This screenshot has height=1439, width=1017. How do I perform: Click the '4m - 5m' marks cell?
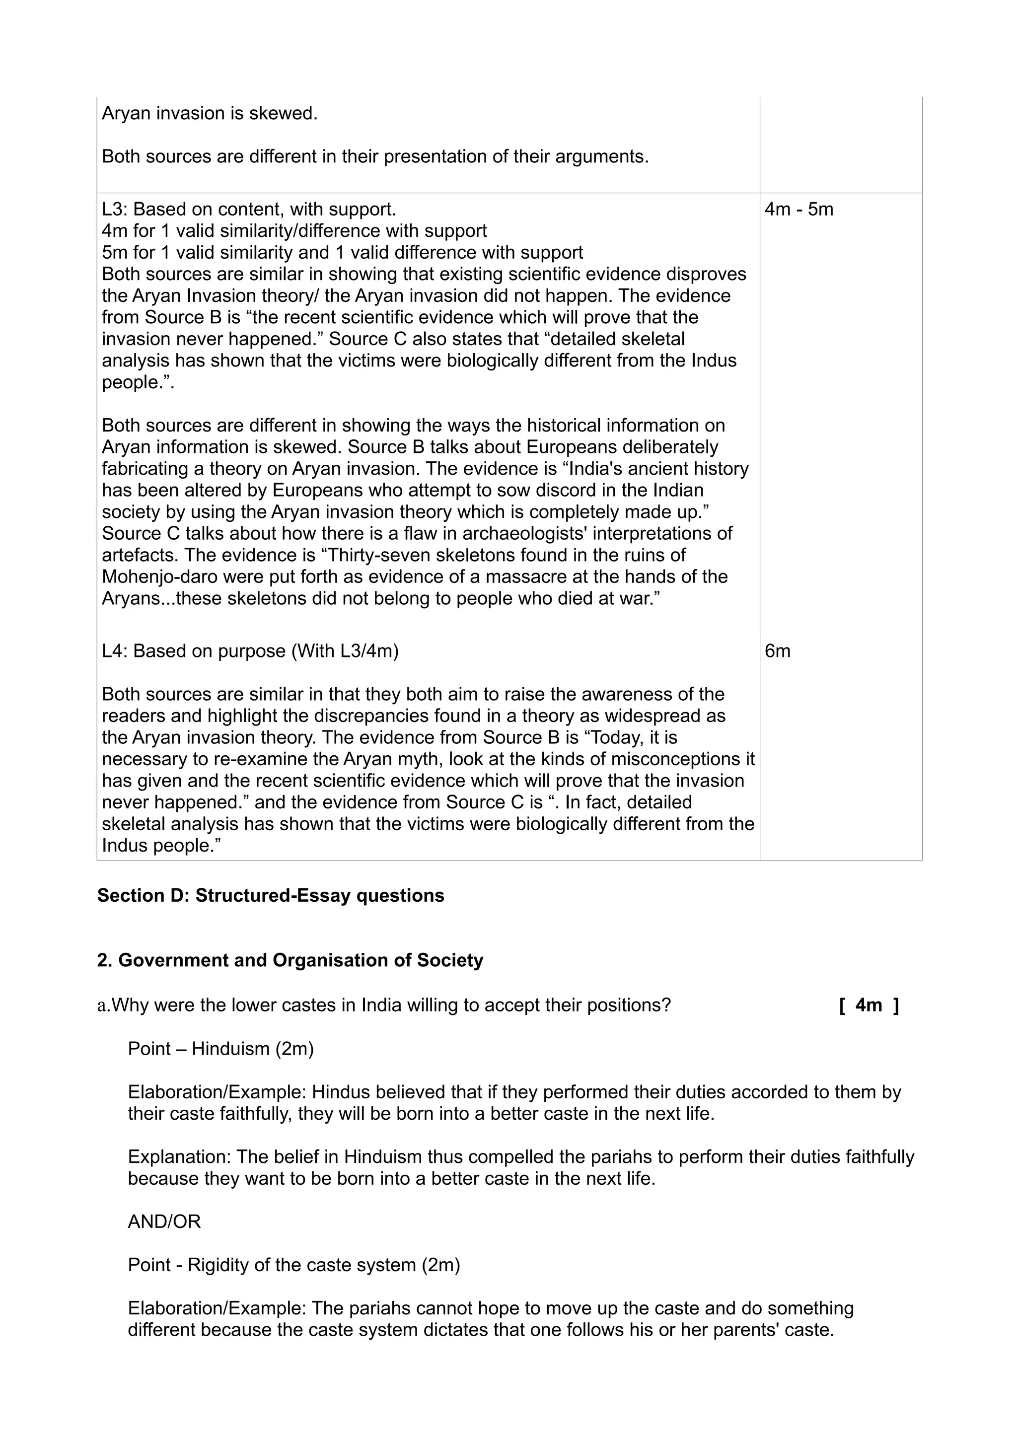click(799, 210)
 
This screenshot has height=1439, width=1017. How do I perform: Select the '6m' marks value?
click(777, 651)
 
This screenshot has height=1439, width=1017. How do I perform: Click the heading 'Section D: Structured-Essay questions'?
click(271, 896)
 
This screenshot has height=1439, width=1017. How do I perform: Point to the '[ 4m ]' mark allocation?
click(869, 1006)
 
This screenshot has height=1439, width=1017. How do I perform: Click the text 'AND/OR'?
click(164, 1222)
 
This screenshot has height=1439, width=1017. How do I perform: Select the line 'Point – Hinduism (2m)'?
click(220, 1049)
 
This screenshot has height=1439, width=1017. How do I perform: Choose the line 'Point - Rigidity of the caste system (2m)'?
click(294, 1265)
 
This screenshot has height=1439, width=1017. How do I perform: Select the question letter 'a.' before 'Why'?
click(103, 1006)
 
